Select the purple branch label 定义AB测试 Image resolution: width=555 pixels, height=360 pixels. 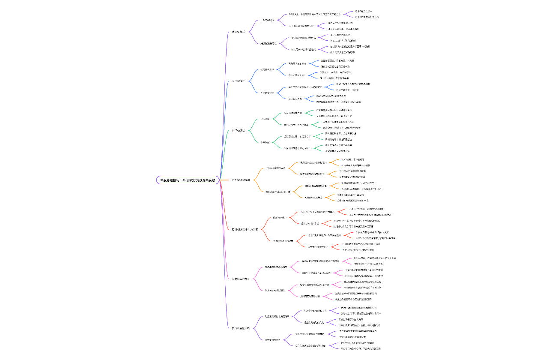238,32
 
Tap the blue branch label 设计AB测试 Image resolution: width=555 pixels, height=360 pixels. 238,81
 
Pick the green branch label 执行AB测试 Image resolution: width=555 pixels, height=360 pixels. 238,130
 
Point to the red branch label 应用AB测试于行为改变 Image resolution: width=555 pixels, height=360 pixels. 245,230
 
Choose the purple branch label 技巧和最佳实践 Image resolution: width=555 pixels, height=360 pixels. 241,328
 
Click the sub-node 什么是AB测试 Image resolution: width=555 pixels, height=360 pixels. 270,20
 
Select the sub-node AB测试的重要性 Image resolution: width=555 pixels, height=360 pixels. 269,43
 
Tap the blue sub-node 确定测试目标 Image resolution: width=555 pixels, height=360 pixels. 267,69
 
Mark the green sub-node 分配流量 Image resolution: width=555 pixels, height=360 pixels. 265,119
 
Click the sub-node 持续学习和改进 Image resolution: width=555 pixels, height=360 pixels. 273,340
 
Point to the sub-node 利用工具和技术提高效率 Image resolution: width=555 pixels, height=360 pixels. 277,316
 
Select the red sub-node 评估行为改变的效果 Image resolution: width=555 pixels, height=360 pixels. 283,241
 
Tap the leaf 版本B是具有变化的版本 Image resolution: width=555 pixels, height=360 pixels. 367,17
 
